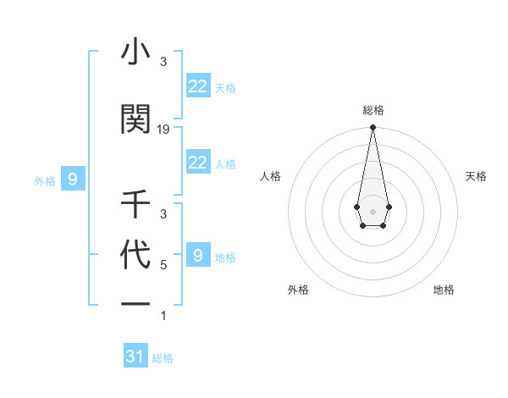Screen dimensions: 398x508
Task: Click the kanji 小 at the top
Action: [135, 53]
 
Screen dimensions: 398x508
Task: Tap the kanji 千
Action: [135, 205]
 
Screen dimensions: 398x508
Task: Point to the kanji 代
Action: [135, 256]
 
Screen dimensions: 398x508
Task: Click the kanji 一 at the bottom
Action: [135, 307]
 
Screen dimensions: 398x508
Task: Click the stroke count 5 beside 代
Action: [163, 265]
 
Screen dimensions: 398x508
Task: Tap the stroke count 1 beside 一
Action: [163, 316]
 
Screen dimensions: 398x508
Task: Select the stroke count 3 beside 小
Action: [163, 62]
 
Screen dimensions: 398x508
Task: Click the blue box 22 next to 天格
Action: [198, 86]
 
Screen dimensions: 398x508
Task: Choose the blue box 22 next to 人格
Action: [198, 163]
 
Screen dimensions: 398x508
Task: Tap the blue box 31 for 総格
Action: [135, 357]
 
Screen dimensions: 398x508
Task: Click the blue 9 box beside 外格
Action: [73, 179]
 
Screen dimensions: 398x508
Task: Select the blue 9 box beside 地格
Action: [198, 256]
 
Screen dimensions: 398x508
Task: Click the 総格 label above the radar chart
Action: [373, 110]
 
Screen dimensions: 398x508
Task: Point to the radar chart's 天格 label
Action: [476, 176]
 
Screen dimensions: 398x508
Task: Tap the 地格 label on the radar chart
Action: [444, 290]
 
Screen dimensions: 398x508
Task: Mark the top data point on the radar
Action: [373, 128]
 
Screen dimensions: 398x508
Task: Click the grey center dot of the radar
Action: [373, 210]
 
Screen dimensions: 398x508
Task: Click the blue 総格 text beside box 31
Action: [163, 358]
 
